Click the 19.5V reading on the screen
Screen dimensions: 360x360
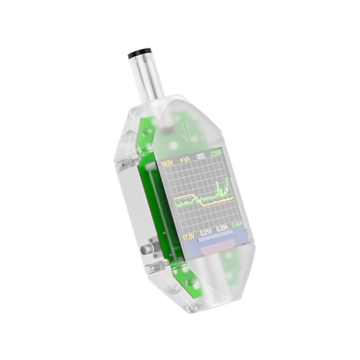(x=167, y=164)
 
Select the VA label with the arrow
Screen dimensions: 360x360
(x=185, y=161)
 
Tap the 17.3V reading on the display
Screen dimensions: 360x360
(x=189, y=237)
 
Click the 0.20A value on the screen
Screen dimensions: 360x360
(x=222, y=229)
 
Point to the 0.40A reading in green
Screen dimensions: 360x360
(x=237, y=224)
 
